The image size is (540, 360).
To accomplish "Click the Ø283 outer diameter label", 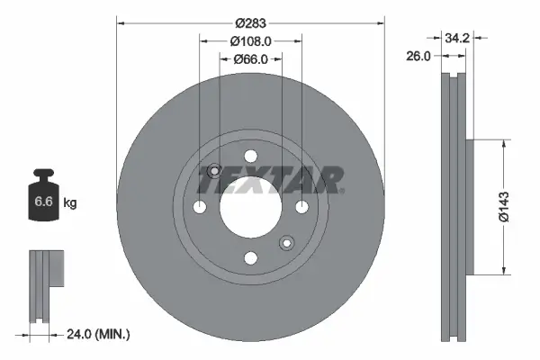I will coord(251,23).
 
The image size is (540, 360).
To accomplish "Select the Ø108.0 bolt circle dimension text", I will coord(251,41).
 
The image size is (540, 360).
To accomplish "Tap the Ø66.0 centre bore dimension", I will coord(251,59).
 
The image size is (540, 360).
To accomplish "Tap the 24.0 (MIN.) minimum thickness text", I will coord(99,334).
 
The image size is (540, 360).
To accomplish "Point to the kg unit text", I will coord(69,204).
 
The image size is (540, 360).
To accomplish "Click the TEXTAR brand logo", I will coord(269,181).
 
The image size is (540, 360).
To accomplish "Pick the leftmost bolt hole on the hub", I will coord(201,207).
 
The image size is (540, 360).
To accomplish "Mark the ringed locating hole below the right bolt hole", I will coord(286,241).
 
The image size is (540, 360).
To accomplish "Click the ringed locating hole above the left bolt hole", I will coord(214,172).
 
